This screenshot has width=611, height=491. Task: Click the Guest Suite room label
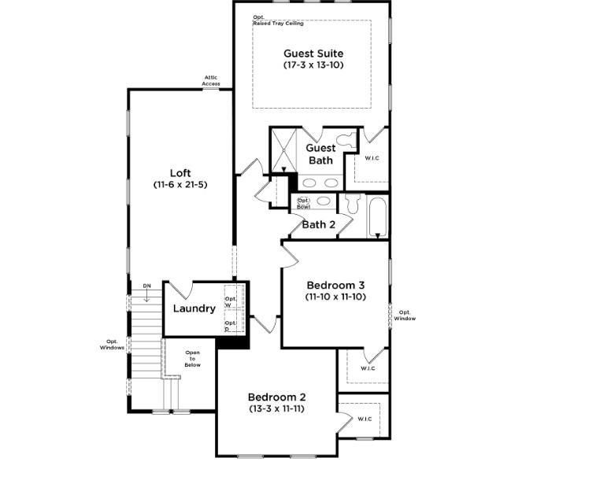[313, 54]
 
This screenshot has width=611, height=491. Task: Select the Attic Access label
[211, 80]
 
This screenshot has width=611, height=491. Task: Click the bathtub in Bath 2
[377, 216]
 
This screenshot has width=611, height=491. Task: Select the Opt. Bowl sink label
[303, 202]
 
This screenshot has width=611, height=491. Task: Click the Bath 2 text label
[319, 224]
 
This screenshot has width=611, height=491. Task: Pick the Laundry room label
[194, 308]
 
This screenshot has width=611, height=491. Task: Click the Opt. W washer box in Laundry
[231, 301]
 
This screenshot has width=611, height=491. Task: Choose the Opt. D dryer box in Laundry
[231, 325]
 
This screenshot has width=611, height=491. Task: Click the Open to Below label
[192, 358]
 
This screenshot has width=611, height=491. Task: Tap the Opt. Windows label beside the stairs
[111, 345]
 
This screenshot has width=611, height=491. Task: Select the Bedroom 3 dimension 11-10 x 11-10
[335, 297]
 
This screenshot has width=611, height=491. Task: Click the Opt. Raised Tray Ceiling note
[276, 20]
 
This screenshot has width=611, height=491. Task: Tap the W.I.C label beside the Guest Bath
[372, 158]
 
